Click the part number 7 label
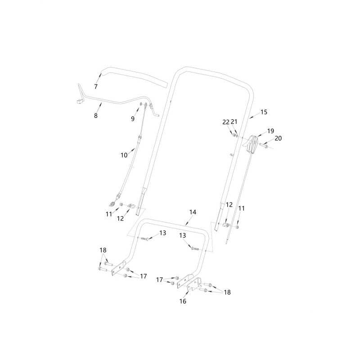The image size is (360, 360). (x=96, y=86)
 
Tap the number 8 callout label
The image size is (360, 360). (x=96, y=116)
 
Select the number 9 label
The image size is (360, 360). (x=133, y=119)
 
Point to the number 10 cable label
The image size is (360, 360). (x=124, y=155)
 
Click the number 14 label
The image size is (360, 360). (x=193, y=212)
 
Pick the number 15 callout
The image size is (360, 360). (x=264, y=112)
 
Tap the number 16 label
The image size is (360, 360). (x=183, y=301)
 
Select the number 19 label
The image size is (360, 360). (x=271, y=131)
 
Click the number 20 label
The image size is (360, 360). (x=278, y=138)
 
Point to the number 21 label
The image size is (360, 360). (x=234, y=121)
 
